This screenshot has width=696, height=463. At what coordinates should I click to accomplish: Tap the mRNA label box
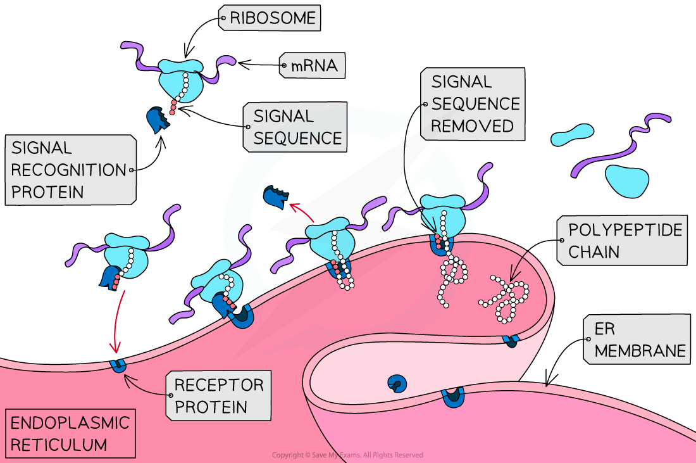(x=313, y=65)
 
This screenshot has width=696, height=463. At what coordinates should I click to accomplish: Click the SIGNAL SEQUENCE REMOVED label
(x=472, y=104)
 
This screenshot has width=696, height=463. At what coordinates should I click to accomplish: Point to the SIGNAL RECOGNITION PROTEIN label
(x=70, y=170)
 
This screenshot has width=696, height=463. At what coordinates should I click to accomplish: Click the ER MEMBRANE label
(x=639, y=339)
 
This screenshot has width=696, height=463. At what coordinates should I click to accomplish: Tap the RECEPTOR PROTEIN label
(x=218, y=395)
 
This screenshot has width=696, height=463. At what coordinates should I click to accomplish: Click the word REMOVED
(x=472, y=126)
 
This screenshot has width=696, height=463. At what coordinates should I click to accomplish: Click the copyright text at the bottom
(x=347, y=455)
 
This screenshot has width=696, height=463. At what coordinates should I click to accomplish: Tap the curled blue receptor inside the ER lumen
(x=397, y=383)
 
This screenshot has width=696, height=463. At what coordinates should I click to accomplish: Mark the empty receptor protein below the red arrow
(x=117, y=365)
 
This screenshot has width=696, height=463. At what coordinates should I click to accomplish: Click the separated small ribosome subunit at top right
(x=573, y=135)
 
